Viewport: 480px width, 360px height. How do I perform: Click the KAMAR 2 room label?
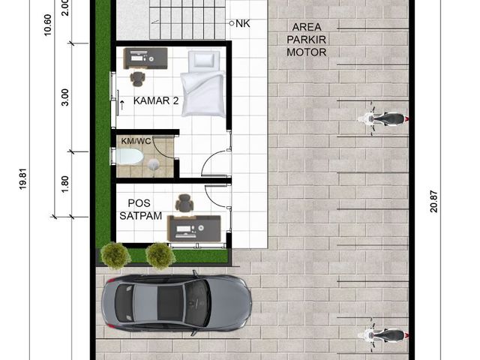156,100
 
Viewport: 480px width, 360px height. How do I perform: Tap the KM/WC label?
136,141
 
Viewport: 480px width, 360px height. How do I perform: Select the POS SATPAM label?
140,209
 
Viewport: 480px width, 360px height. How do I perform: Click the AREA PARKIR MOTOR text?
307,40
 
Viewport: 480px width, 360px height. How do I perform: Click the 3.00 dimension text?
65,97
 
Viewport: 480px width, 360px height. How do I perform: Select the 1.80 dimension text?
65,184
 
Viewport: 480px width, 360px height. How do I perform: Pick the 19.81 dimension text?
23,179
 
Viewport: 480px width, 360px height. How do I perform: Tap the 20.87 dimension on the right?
433,202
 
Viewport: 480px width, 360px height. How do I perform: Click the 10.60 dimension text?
47,25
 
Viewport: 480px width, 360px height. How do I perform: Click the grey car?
177,303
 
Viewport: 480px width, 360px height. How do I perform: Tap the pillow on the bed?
204,59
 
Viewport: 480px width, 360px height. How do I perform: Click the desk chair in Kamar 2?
137,78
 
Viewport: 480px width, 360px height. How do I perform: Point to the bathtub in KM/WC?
128,157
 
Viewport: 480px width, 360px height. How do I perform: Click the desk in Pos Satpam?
194,228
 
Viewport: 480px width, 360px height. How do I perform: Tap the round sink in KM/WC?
154,165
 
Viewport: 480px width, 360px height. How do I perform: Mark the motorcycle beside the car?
383,335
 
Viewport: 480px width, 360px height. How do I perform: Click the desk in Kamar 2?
145,58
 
